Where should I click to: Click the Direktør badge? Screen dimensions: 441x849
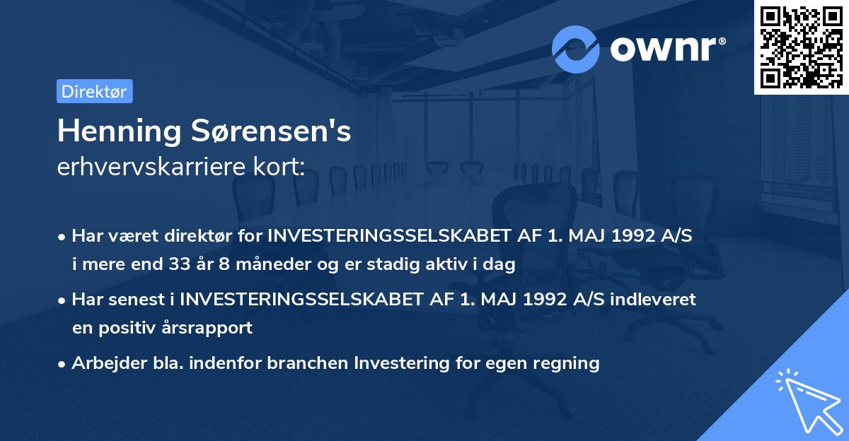(94, 91)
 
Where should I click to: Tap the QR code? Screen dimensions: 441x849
(801, 47)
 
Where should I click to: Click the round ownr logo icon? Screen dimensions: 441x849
(576, 49)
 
